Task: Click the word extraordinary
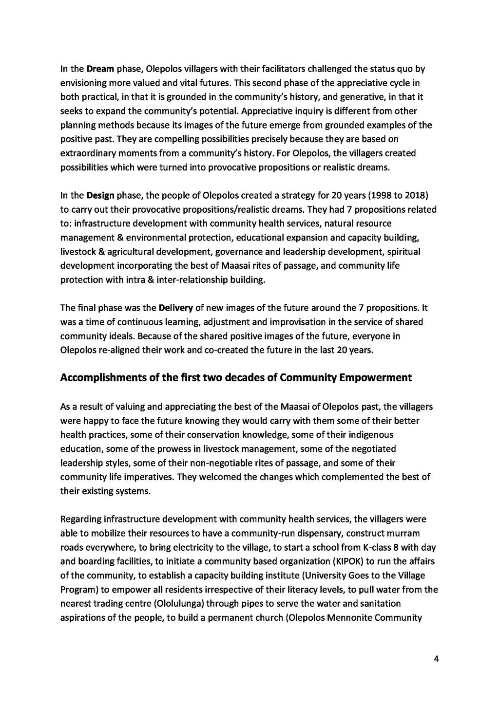(85, 153)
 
